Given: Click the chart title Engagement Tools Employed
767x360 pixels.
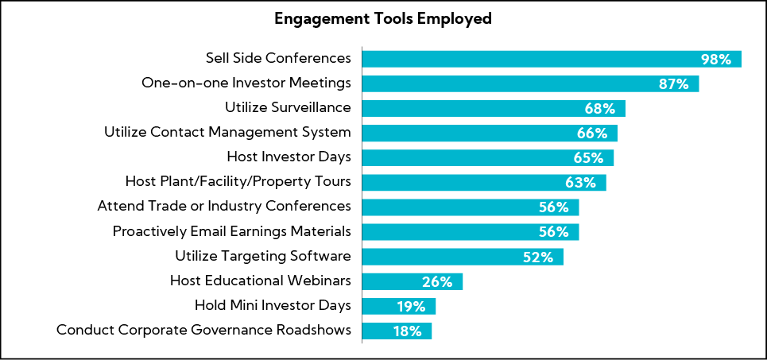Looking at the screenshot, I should (383, 19).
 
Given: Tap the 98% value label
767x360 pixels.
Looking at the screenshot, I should (715, 59).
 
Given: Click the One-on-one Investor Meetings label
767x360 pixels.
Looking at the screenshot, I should (246, 83).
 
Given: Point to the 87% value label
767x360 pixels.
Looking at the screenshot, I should (673, 83).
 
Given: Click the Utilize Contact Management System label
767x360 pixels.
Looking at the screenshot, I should (227, 132).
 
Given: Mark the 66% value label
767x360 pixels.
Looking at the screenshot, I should (591, 133).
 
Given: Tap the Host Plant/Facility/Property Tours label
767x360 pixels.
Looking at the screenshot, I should (238, 181).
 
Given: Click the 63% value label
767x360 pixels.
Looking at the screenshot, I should (580, 182).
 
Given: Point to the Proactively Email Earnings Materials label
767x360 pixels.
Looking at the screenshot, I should (231, 231).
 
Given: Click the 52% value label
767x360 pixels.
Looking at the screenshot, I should (537, 257).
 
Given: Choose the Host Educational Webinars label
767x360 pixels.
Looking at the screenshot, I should (260, 281).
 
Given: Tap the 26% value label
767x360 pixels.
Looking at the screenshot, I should (436, 281).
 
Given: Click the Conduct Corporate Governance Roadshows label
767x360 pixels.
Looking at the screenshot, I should (203, 330).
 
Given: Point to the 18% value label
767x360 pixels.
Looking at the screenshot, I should (406, 331).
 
